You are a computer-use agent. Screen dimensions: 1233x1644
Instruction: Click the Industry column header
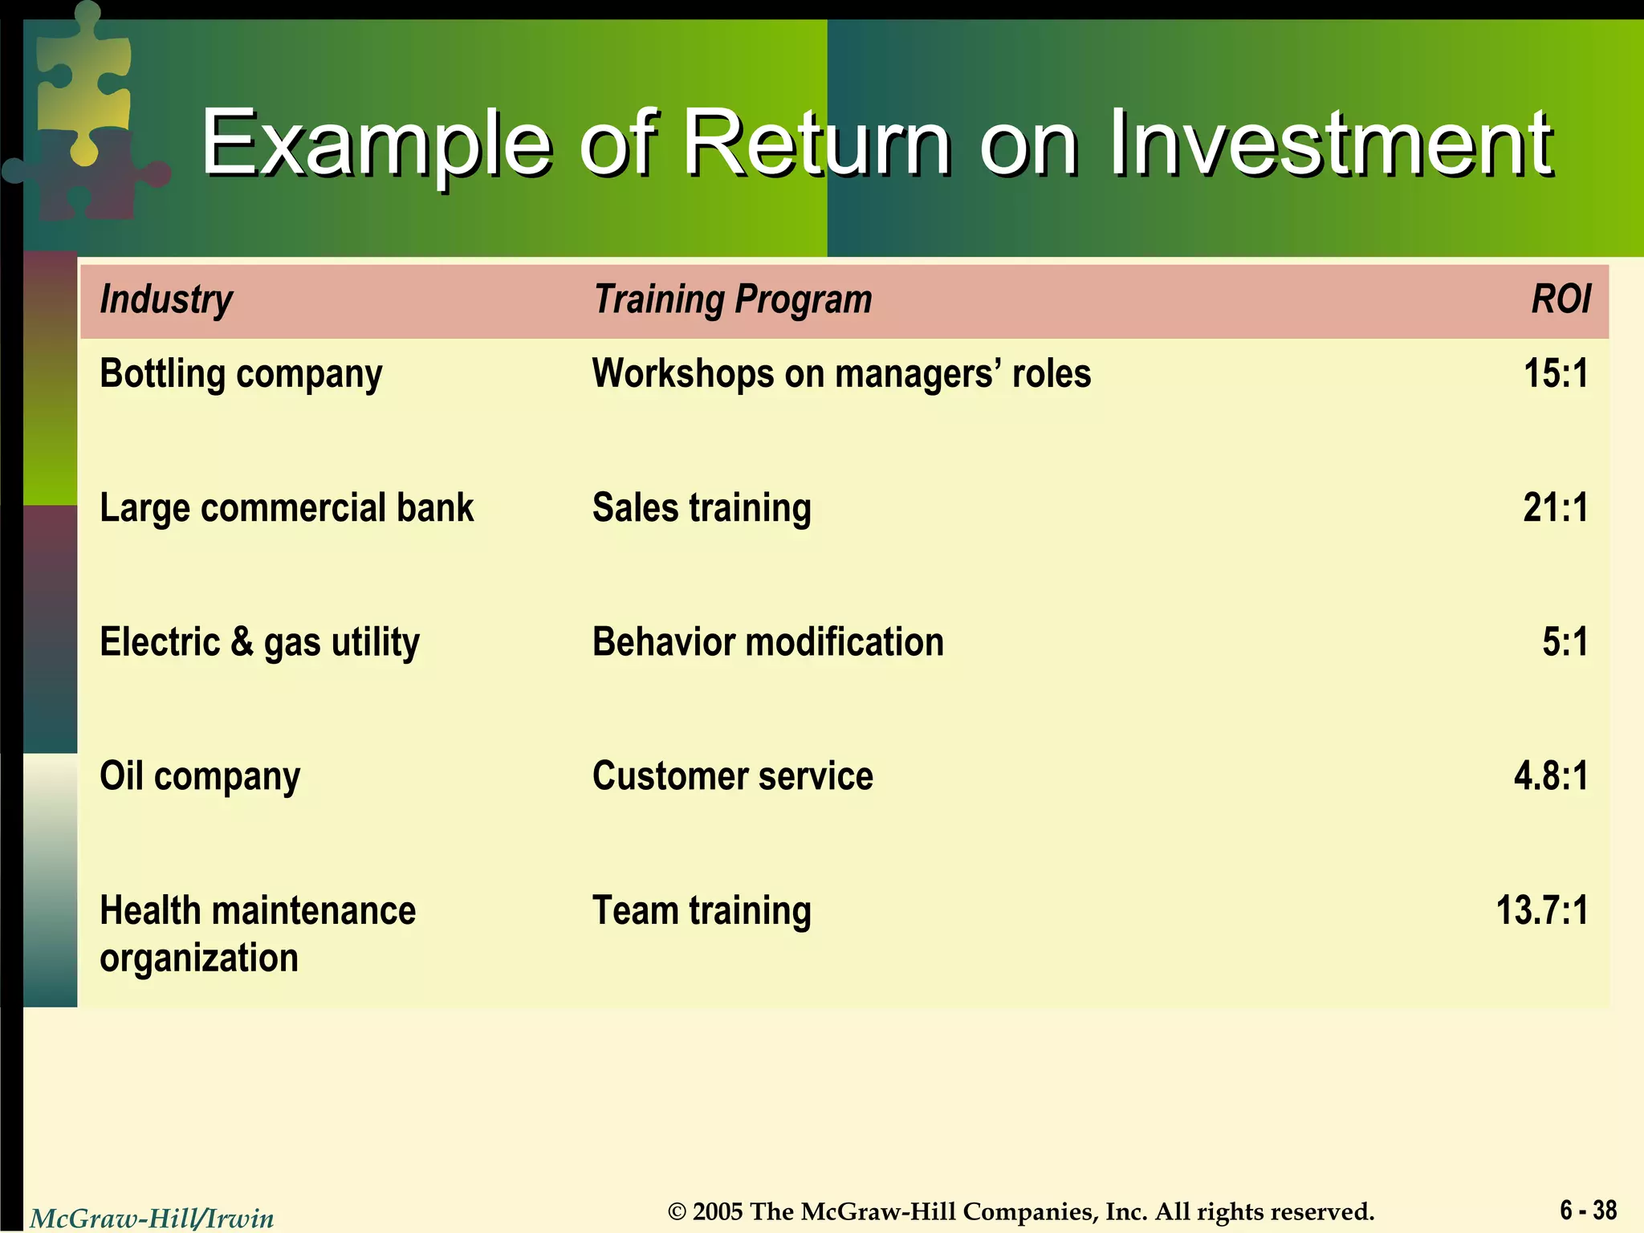click(x=165, y=300)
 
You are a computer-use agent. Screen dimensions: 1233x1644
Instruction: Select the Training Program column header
click(x=732, y=300)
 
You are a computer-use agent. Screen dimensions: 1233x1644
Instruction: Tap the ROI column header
click(x=1560, y=300)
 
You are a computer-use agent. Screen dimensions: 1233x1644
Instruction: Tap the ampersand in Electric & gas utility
click(x=242, y=642)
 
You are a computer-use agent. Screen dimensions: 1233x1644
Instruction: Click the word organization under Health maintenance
click(x=199, y=958)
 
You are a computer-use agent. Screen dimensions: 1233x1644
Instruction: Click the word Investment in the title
click(x=1330, y=144)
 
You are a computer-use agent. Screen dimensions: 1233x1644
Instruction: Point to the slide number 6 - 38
click(x=1588, y=1210)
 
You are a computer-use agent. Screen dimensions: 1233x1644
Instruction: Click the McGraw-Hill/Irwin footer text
click(x=152, y=1219)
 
